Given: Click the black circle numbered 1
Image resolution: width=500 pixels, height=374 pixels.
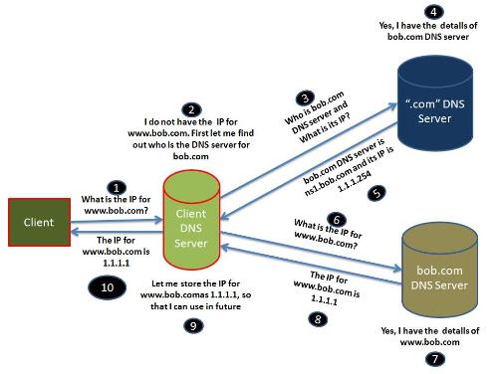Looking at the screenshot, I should coord(119,186).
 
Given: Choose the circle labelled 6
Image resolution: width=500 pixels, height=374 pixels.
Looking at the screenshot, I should coord(338,220).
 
